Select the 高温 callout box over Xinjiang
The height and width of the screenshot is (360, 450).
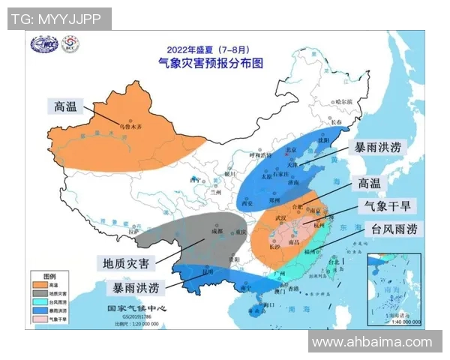pos(66,105)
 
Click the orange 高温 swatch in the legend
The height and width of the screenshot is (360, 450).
pos(38,285)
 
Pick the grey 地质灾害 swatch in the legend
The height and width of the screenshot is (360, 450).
pos(38,293)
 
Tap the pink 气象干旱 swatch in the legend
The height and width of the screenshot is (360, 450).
pos(38,318)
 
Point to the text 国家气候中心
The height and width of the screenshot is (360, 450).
pos(136,307)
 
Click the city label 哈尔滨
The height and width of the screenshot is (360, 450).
pos(343,100)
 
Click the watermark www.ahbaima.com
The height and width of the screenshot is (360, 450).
pos(372,342)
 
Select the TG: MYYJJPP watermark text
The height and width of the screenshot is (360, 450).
pos(58,18)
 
